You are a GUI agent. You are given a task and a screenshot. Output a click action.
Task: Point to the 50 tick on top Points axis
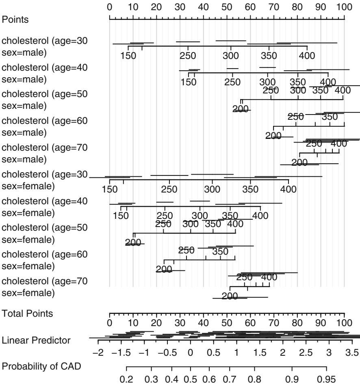click(227, 7)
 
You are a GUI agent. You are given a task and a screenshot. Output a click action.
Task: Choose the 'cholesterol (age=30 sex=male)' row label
click(45, 46)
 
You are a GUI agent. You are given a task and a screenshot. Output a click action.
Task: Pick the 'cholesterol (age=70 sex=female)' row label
click(45, 286)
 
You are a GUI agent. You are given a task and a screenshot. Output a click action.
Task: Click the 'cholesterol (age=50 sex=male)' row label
click(45, 99)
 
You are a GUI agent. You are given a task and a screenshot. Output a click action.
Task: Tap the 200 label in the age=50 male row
click(241, 109)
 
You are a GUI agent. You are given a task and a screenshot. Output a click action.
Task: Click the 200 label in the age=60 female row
click(164, 269)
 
